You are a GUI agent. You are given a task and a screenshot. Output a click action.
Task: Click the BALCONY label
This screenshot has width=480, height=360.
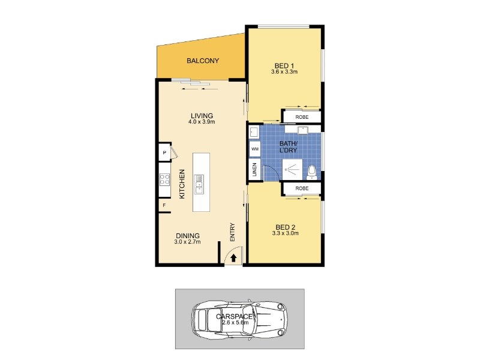[x=203, y=61]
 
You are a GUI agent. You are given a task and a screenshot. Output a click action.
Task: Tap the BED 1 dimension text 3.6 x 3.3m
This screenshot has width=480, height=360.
[x=284, y=72]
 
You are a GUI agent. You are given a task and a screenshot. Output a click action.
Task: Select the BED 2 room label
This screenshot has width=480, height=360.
[x=286, y=227]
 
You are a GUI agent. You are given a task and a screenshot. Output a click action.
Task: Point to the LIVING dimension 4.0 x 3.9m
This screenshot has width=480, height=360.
[x=202, y=122]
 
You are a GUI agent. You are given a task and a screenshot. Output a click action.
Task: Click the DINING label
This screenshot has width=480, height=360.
[x=188, y=236]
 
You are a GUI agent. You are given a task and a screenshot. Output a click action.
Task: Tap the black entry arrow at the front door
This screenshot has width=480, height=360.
[x=233, y=258]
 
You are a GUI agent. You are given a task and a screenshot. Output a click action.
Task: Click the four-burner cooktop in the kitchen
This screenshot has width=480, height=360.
[x=164, y=179]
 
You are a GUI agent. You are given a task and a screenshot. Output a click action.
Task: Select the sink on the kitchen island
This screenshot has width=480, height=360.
[x=199, y=184]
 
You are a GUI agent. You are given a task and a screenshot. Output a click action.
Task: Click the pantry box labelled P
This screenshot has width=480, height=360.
[x=164, y=152]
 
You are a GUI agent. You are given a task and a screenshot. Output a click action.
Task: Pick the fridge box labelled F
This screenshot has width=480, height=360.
[x=164, y=205]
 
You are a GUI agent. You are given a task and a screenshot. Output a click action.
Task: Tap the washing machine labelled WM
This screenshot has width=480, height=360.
[x=254, y=149]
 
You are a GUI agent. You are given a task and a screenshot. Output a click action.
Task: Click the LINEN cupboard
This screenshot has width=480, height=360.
[x=254, y=169]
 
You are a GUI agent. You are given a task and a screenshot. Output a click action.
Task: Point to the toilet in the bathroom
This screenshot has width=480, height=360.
[x=311, y=173]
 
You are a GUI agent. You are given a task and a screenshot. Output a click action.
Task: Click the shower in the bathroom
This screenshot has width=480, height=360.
[x=292, y=169]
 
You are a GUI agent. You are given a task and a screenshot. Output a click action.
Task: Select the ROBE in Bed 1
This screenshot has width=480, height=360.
[x=302, y=117]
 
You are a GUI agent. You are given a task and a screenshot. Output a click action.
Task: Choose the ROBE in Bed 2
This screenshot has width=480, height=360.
[x=302, y=188]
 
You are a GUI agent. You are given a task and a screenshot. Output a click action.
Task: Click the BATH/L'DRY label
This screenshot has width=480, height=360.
[x=289, y=147]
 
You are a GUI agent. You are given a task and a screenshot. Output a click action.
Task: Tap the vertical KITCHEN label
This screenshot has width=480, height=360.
[x=182, y=184]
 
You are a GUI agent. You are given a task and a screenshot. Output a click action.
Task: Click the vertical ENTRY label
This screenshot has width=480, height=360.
[x=232, y=232]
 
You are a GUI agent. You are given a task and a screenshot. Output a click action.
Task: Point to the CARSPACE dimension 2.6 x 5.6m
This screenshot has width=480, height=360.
[x=235, y=323]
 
